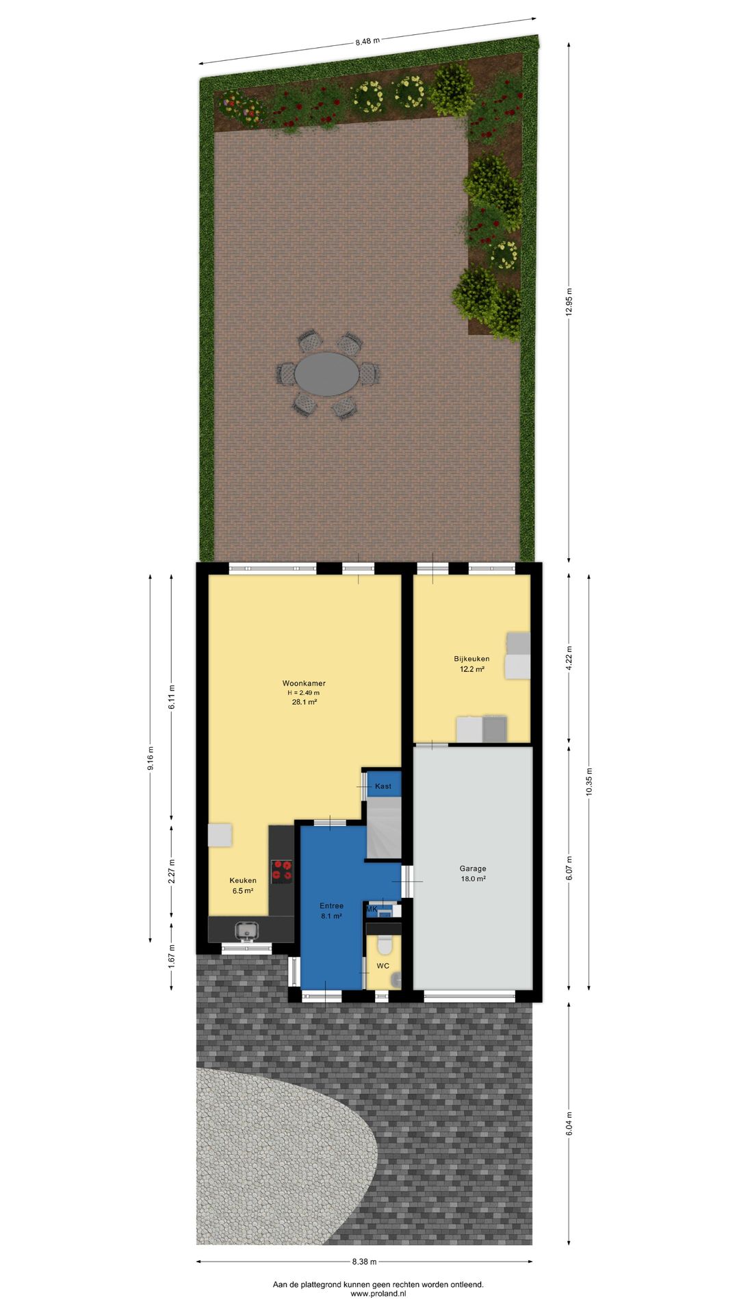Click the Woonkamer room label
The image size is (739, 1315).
click(x=304, y=683)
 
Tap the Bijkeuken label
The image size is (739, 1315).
click(x=471, y=659)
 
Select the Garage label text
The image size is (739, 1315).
click(x=473, y=868)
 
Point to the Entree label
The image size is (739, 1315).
click(x=332, y=906)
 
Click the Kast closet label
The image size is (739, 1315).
click(x=383, y=786)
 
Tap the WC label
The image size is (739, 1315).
click(x=383, y=966)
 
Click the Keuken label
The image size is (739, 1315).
click(x=243, y=881)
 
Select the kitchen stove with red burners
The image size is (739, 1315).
click(x=281, y=871)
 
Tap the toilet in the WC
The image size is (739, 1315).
click(x=384, y=944)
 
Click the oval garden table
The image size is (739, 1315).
click(x=327, y=374)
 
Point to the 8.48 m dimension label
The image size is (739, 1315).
click(x=367, y=41)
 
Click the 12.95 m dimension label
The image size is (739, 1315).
click(x=569, y=301)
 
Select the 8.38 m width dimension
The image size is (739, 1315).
click(x=365, y=1262)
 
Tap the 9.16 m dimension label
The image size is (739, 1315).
click(x=151, y=758)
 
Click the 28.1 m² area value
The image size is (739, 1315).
click(x=304, y=702)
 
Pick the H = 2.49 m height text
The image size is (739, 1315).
click(x=304, y=692)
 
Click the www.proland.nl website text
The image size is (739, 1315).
click(x=378, y=1294)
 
